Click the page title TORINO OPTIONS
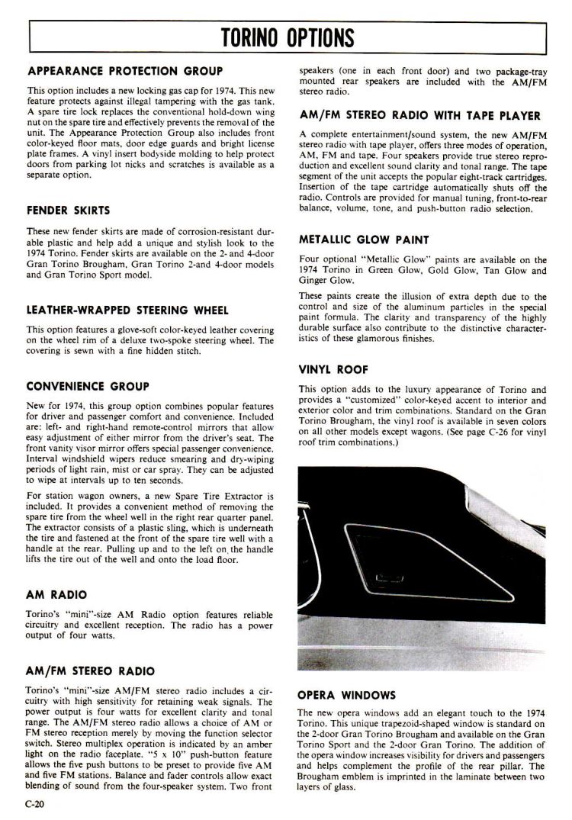[x=287, y=37]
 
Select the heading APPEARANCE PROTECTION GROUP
[x=125, y=71]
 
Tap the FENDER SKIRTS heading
[x=69, y=210]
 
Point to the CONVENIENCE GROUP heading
[x=88, y=386]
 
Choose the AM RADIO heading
[x=56, y=594]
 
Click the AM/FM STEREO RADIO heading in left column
[x=90, y=671]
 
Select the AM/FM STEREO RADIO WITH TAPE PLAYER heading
[x=420, y=116]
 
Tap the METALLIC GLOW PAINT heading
[x=363, y=240]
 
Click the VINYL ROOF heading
[x=333, y=370]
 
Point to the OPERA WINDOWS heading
[x=346, y=695]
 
